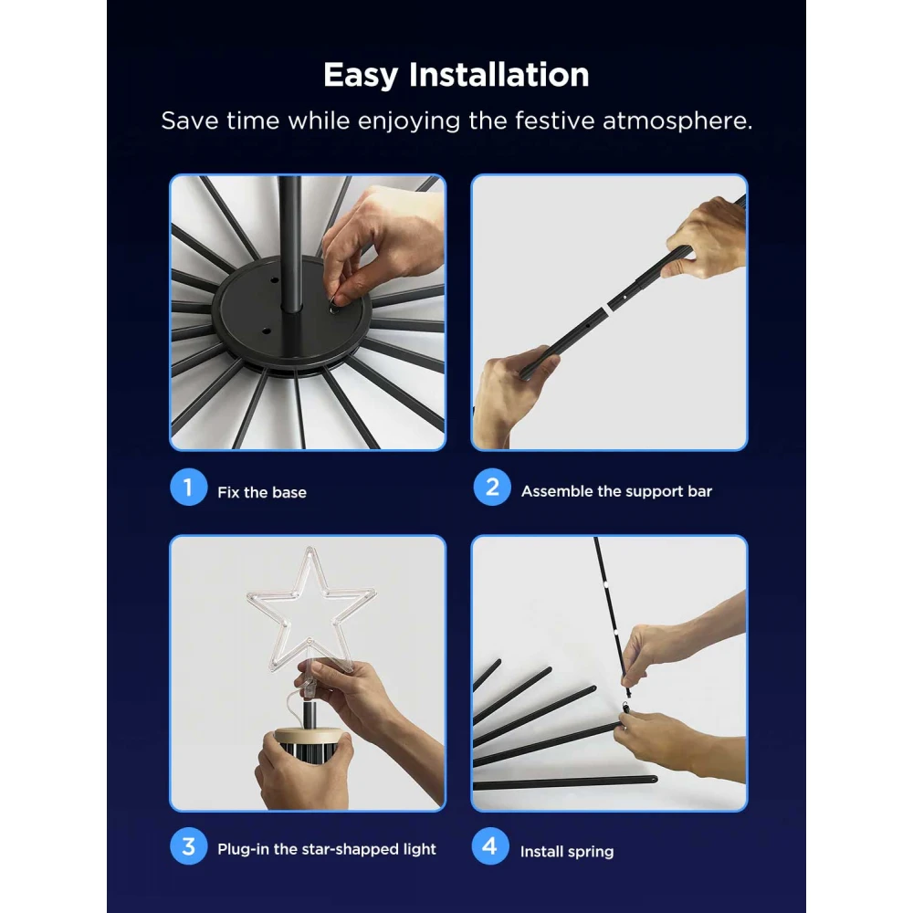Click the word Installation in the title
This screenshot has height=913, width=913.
point(498,75)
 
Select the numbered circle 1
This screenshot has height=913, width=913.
point(188,488)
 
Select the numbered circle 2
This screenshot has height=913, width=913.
point(491,488)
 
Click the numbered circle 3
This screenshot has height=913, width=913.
point(188,846)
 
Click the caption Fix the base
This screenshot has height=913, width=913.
point(262,492)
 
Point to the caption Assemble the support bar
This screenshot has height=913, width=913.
point(616,491)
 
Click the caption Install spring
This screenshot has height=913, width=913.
point(567,851)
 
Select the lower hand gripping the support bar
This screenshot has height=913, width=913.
point(502,397)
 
